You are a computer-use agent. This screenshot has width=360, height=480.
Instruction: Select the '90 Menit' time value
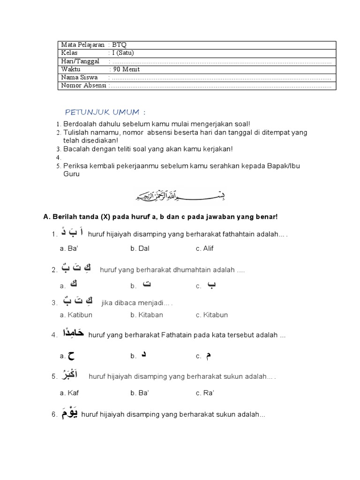point(127,69)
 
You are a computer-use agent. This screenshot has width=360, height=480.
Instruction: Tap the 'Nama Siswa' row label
point(80,77)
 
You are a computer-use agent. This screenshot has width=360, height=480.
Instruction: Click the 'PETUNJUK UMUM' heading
point(102,112)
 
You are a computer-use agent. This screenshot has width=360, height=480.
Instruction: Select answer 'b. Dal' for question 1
point(140,248)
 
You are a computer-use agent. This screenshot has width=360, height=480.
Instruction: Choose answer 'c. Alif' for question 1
point(204,248)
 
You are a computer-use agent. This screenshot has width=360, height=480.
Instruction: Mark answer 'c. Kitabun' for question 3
point(212,315)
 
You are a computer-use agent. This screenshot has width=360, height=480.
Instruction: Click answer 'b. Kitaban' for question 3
point(147,315)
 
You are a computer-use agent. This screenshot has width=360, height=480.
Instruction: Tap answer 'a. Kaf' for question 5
point(69,392)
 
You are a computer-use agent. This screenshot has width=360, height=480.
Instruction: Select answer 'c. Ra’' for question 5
point(205,392)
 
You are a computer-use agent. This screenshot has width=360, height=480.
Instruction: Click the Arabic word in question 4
point(73,334)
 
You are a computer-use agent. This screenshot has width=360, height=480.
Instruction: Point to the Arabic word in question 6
point(68,413)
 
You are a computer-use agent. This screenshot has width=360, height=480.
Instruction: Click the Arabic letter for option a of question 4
point(71,356)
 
